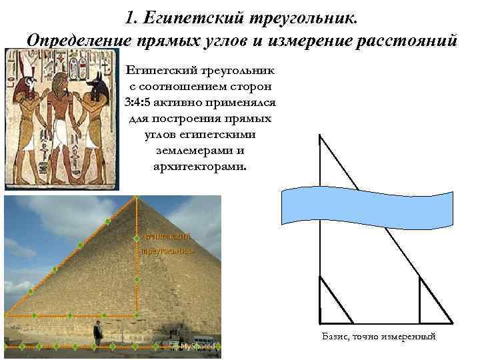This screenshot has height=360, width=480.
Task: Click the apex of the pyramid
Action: pyautogui.click(x=137, y=199)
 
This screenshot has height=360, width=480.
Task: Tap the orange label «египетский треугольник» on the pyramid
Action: pyautogui.click(x=167, y=243)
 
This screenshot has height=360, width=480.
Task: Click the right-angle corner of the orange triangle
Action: pyautogui.click(x=137, y=313)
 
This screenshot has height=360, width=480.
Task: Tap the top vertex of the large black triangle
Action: pyautogui.click(x=320, y=135)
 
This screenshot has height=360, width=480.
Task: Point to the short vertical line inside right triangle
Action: pyautogui.click(x=419, y=299)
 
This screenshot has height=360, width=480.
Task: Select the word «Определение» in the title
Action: pyautogui.click(x=73, y=39)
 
